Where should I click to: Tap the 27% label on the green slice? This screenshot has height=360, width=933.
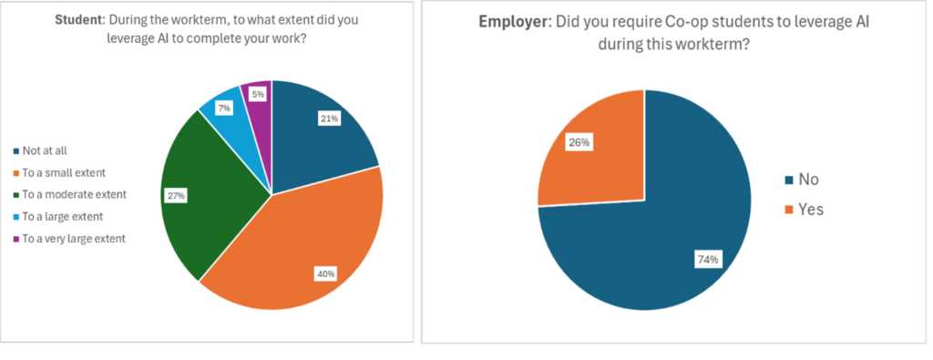175,195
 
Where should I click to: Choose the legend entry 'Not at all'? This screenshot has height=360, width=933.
46,150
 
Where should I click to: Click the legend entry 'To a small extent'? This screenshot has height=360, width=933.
64,172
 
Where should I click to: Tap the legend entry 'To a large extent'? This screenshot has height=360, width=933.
64,216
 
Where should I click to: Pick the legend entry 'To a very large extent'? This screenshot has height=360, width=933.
74,238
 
